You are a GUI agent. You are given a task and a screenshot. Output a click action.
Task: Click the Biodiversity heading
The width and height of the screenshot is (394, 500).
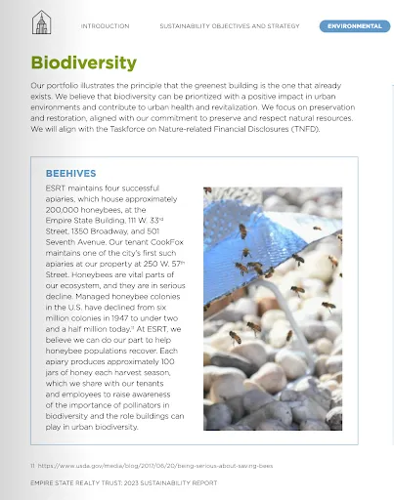(x=84, y=63)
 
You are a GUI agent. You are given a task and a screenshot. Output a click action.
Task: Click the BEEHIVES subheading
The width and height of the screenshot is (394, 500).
(x=70, y=173)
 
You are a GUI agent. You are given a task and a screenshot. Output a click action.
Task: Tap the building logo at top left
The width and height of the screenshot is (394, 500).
(x=40, y=21)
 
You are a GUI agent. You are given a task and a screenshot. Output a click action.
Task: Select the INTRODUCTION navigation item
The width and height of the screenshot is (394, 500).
(x=105, y=26)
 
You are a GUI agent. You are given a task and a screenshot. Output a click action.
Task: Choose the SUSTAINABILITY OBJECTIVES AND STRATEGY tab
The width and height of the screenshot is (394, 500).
(x=231, y=26)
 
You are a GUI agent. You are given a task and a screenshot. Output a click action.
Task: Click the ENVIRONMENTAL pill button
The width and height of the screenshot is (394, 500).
(x=354, y=26)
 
